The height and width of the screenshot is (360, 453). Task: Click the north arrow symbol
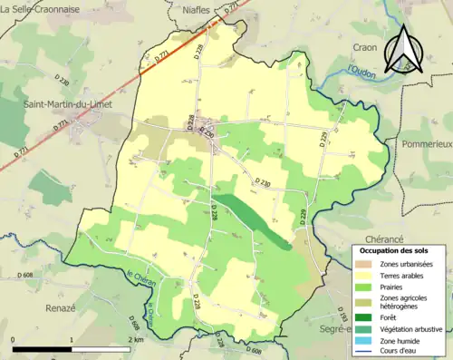click(x=402, y=47)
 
